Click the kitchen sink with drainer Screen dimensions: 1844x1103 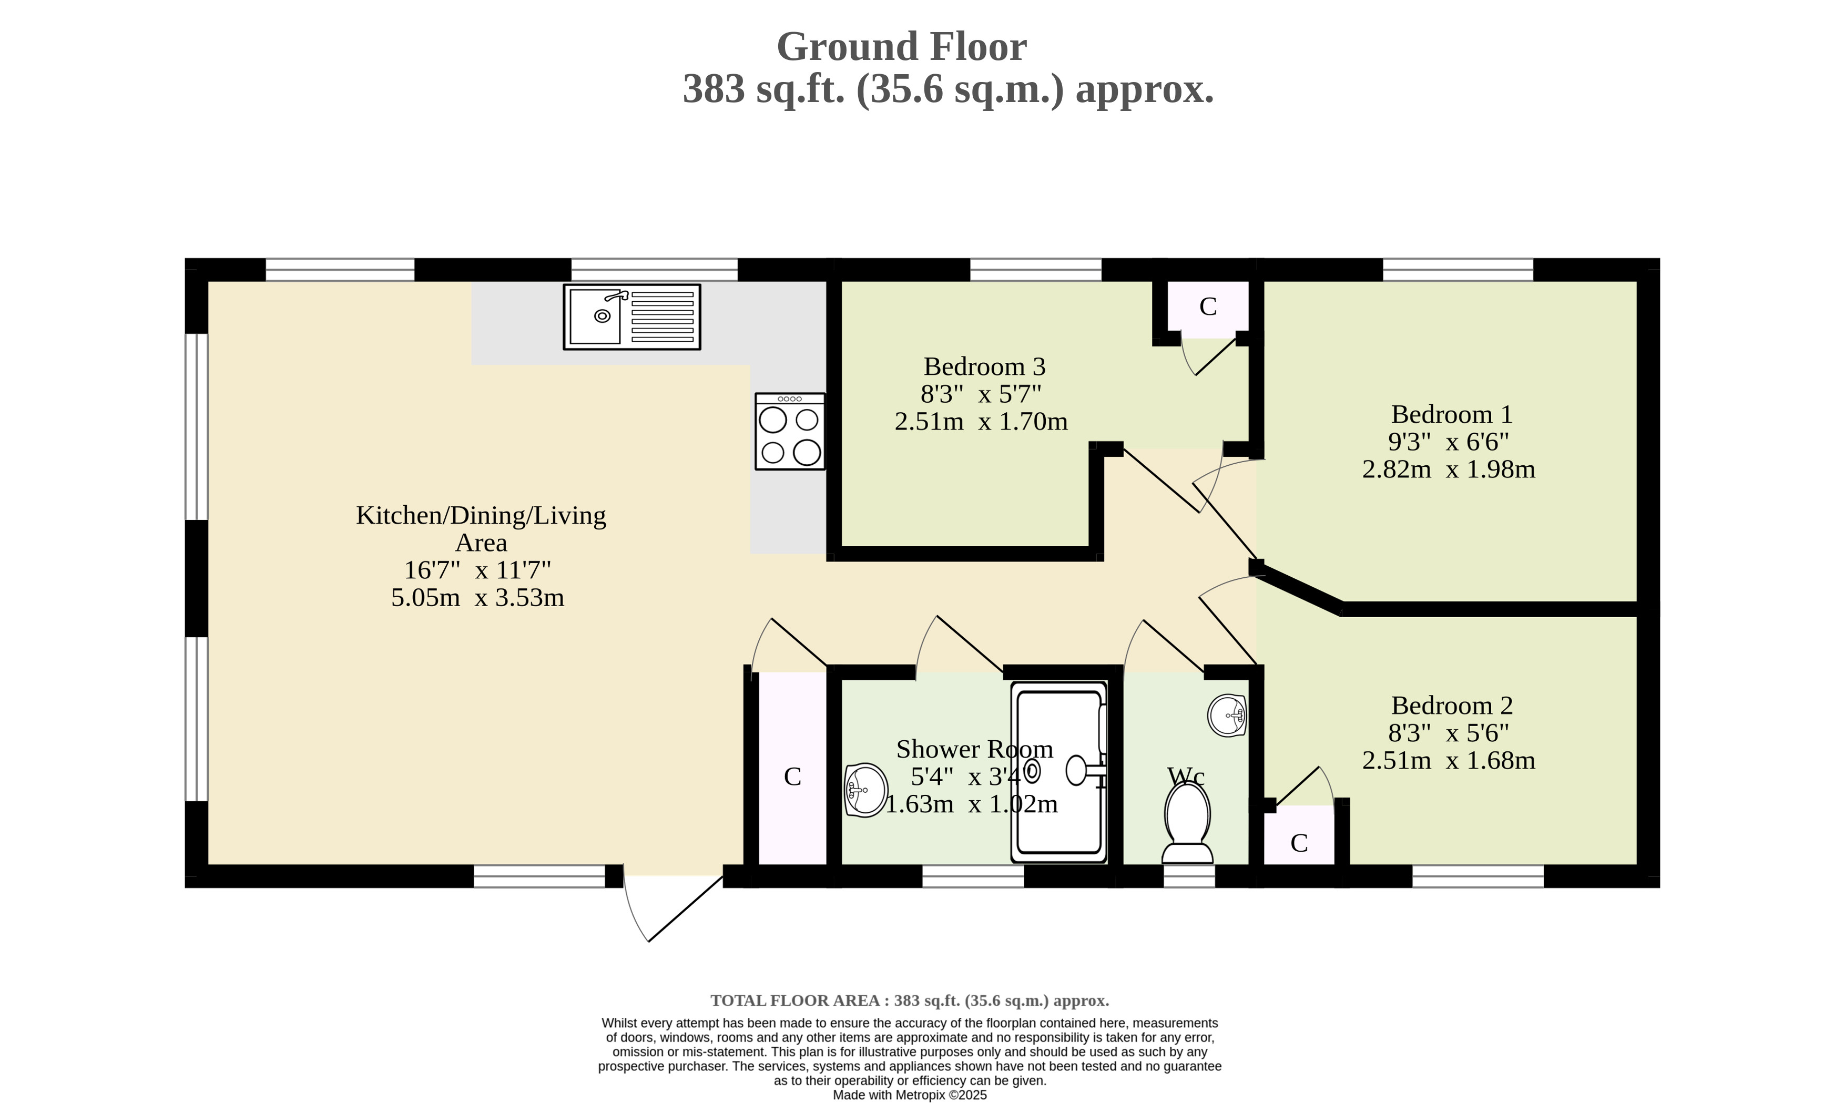632,316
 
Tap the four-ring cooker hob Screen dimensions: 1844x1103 790,431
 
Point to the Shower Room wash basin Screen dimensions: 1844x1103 866,790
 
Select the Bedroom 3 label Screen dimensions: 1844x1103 984,366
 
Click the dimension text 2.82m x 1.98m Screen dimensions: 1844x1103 1449,469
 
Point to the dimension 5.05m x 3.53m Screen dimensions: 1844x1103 478,598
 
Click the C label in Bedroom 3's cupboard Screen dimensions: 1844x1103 1208,306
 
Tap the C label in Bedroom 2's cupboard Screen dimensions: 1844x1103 1299,843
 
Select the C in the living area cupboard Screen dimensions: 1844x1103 792,777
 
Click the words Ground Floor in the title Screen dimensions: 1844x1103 902,47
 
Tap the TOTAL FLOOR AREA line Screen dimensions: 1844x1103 910,1000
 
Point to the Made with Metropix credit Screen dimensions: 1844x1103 910,1095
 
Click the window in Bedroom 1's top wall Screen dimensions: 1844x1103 1458,270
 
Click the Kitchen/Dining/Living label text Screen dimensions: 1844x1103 481,515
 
